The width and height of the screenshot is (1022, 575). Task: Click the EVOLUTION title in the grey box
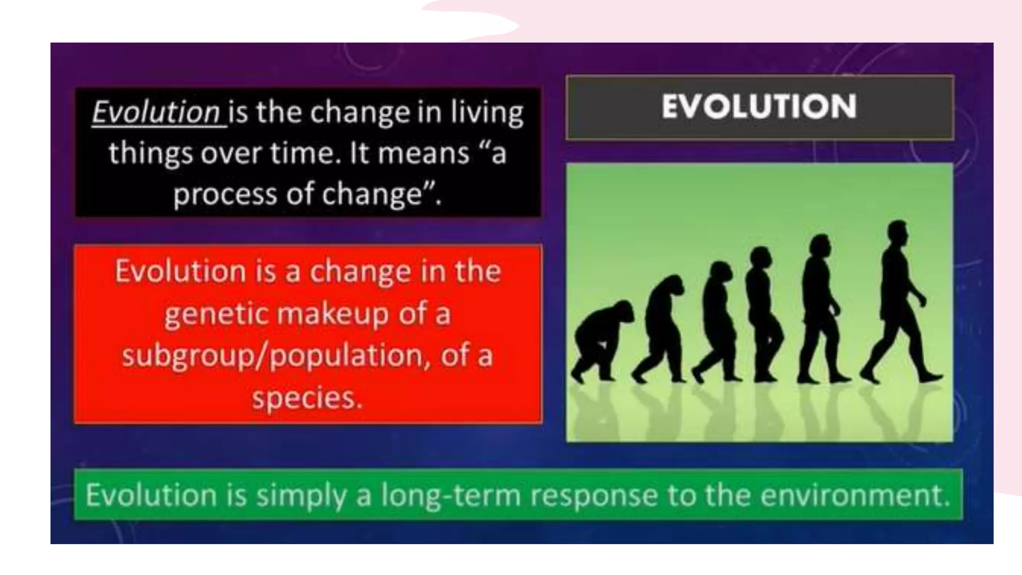coord(759,106)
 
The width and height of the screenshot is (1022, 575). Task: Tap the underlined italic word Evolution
coord(156,112)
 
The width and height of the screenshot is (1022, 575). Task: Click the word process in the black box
coord(225,194)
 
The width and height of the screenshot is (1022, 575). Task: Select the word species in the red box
coord(306,398)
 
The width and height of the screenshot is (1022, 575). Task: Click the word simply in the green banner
coord(301,496)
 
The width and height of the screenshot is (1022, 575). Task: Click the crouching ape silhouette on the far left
coord(601,339)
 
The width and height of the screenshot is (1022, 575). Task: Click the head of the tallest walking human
coord(898,233)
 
